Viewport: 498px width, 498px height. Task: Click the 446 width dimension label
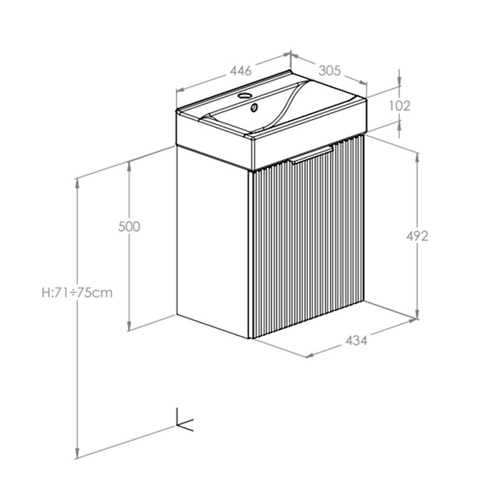241,70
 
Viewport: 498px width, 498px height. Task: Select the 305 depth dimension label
330,70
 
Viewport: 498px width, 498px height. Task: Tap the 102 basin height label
400,105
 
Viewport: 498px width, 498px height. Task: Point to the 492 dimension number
417,236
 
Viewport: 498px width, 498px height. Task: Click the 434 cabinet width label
356,341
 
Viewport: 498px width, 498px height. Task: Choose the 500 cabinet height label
129,227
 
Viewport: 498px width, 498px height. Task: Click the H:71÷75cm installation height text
77,293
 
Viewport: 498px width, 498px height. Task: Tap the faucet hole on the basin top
245,95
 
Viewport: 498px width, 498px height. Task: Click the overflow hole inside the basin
254,108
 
